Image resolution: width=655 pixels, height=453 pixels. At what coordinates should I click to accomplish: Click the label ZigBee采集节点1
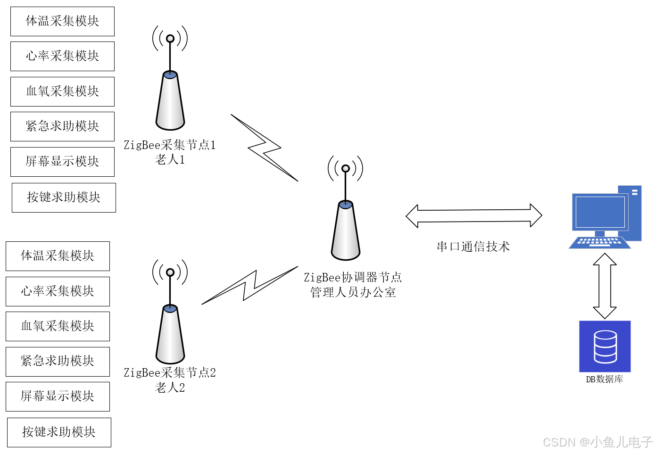click(170, 145)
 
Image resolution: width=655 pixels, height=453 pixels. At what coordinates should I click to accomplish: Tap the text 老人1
click(170, 160)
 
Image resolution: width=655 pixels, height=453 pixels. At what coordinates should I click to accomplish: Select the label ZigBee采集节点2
click(170, 372)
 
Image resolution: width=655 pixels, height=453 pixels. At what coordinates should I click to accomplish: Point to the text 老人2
click(170, 387)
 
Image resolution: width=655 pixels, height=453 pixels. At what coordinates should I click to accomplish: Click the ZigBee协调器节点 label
click(353, 277)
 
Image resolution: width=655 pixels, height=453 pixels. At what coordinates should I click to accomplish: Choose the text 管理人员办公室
click(353, 292)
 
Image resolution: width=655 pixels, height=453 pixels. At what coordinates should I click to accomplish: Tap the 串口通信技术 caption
click(473, 247)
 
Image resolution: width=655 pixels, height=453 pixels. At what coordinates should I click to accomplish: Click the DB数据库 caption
click(604, 379)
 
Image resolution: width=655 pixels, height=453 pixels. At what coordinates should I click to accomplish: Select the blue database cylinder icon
click(605, 346)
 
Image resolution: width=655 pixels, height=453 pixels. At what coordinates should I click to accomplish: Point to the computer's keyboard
click(599, 242)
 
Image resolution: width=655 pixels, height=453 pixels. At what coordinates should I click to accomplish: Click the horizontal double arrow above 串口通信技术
click(473, 216)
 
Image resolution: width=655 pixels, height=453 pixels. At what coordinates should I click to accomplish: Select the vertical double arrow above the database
click(605, 286)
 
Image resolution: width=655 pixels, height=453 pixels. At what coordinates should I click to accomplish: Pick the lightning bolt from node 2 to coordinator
click(250, 285)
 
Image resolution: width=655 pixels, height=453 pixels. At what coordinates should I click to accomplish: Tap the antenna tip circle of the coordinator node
click(346, 168)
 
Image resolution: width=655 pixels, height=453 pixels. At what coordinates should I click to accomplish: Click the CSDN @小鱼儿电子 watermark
click(597, 442)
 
